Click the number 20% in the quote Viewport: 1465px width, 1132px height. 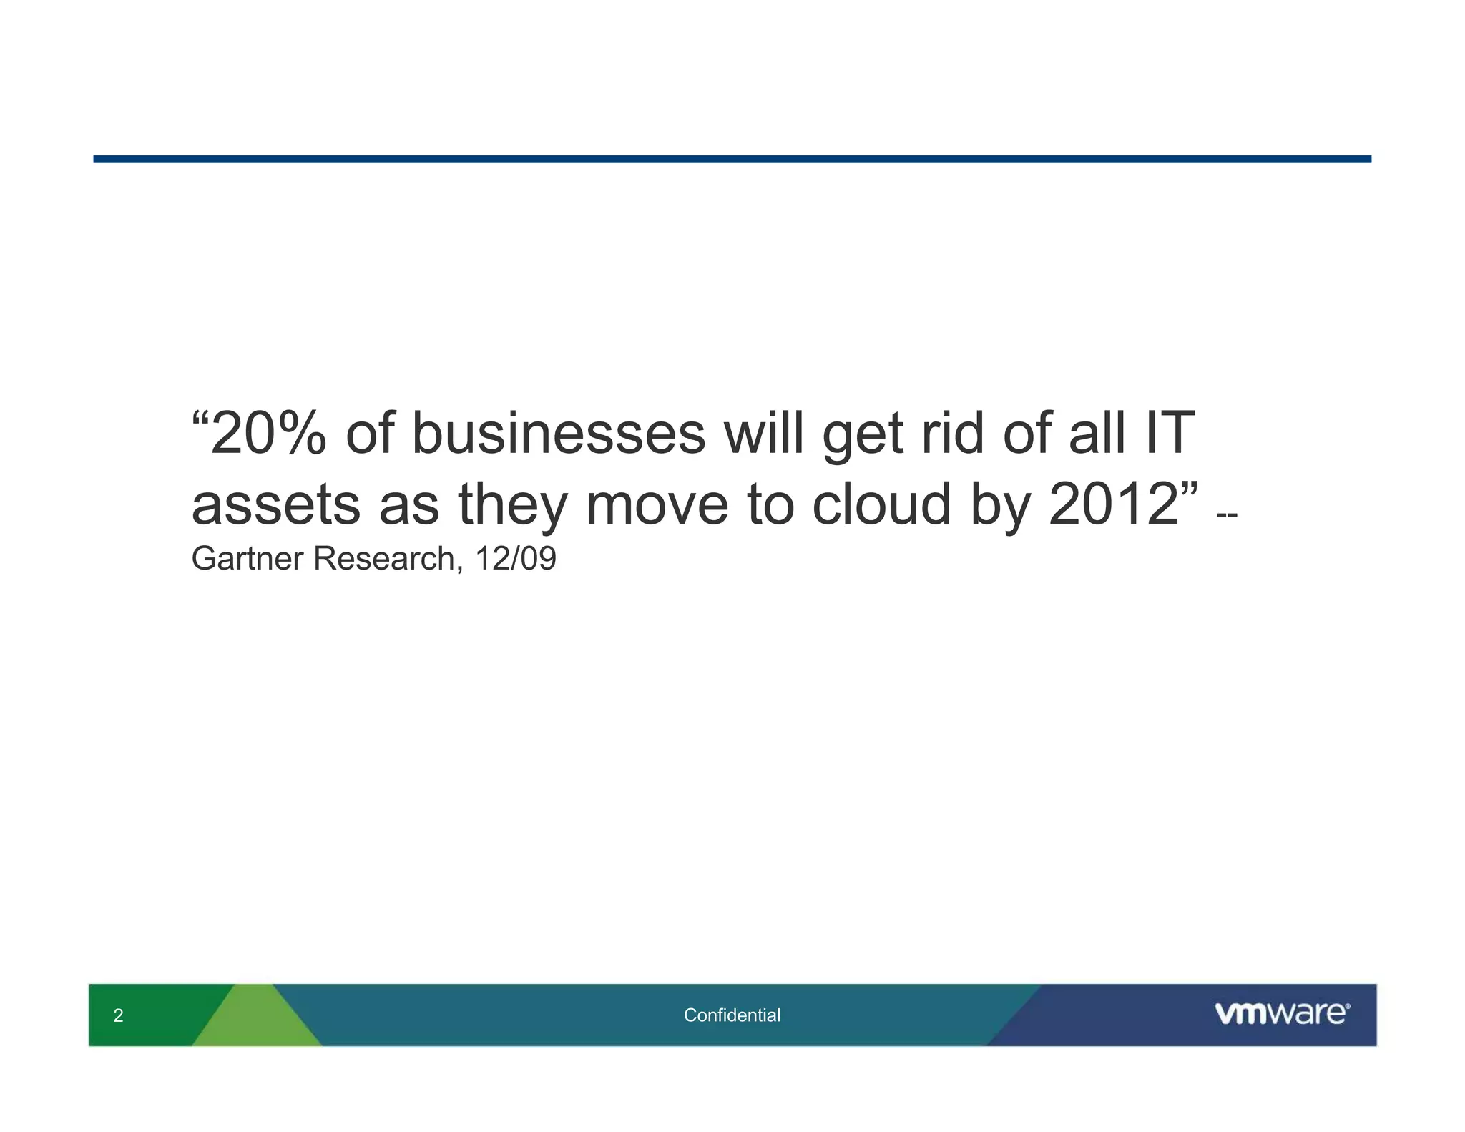pos(268,434)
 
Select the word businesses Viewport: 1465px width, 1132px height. pos(559,434)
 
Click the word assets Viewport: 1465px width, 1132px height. pos(276,505)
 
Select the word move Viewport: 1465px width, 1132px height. pos(657,505)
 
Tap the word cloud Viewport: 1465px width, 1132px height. pos(881,505)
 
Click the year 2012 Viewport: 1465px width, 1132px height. pos(1113,505)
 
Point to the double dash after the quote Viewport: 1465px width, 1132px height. pos(1227,514)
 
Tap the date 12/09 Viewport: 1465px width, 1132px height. pos(515,559)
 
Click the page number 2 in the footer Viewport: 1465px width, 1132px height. pos(118,1015)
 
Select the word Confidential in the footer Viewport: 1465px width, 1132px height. pos(732,1015)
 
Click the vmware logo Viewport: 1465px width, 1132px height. pos(1282,1014)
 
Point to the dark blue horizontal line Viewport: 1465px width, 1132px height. pos(732,159)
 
